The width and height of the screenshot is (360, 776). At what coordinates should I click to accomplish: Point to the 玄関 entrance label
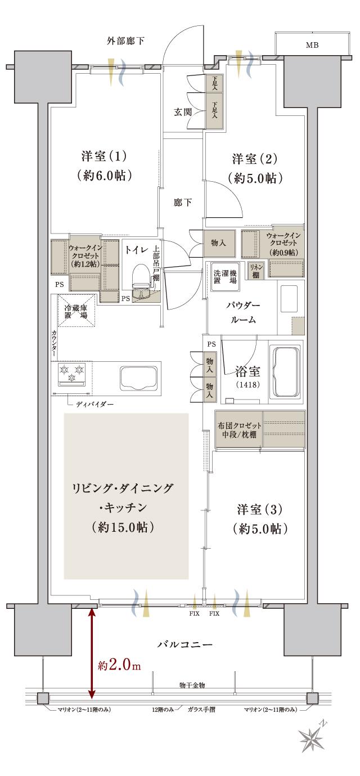pyautogui.click(x=183, y=112)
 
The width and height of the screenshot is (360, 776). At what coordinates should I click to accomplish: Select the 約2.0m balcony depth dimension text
pyautogui.click(x=119, y=665)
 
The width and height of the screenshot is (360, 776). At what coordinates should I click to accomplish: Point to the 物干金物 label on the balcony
pyautogui.click(x=192, y=685)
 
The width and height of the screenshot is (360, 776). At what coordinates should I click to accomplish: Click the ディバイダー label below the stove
pyautogui.click(x=93, y=404)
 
